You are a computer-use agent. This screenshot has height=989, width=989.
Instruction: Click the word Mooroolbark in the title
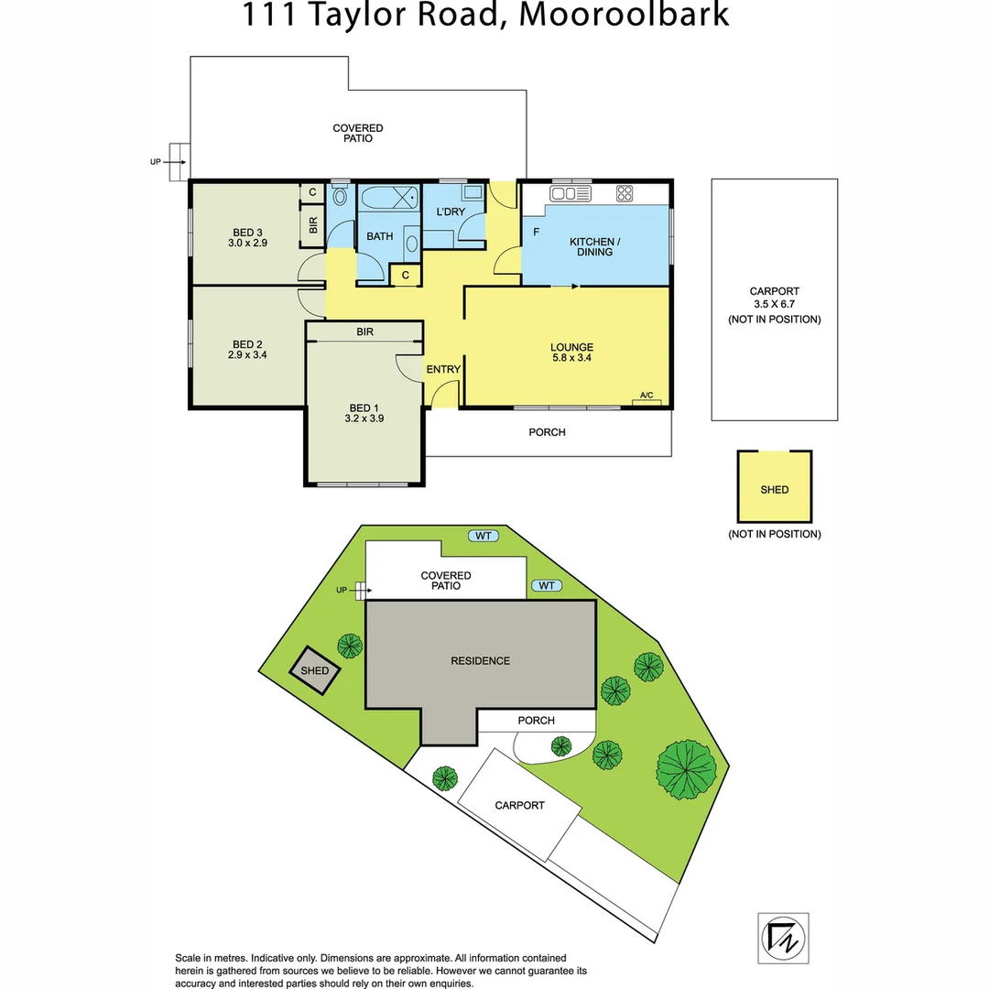coord(625,16)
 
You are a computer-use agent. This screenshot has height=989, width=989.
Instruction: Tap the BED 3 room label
coord(247,231)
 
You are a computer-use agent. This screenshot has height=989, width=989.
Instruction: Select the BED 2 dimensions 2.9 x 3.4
coord(247,354)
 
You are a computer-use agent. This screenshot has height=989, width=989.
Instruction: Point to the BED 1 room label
coord(362,408)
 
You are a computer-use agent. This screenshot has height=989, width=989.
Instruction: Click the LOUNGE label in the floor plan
coord(571,347)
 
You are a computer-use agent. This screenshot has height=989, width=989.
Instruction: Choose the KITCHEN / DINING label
coord(595,246)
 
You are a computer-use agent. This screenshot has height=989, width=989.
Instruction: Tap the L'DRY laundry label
coord(451,212)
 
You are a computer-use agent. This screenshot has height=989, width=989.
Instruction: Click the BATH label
coord(379,236)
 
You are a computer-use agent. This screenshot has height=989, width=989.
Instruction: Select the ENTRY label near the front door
coord(443,369)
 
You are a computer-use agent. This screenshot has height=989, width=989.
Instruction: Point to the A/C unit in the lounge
coord(647,399)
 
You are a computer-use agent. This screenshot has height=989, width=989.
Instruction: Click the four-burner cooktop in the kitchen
coord(625,193)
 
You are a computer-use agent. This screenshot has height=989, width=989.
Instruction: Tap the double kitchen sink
coord(570,193)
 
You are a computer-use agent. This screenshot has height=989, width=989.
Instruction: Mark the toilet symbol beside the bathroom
coord(340,196)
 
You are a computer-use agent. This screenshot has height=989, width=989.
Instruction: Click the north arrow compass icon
coord(783,937)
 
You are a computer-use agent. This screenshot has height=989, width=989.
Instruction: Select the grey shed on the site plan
coord(315,670)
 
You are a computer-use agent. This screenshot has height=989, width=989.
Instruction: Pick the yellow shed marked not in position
coord(774,486)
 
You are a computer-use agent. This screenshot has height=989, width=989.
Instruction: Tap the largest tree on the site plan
coord(685,767)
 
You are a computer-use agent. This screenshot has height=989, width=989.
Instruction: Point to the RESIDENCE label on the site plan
coord(480,660)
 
